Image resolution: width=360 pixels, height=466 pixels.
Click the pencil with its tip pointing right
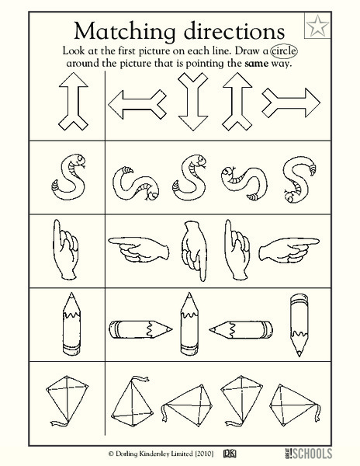[x=140, y=329]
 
